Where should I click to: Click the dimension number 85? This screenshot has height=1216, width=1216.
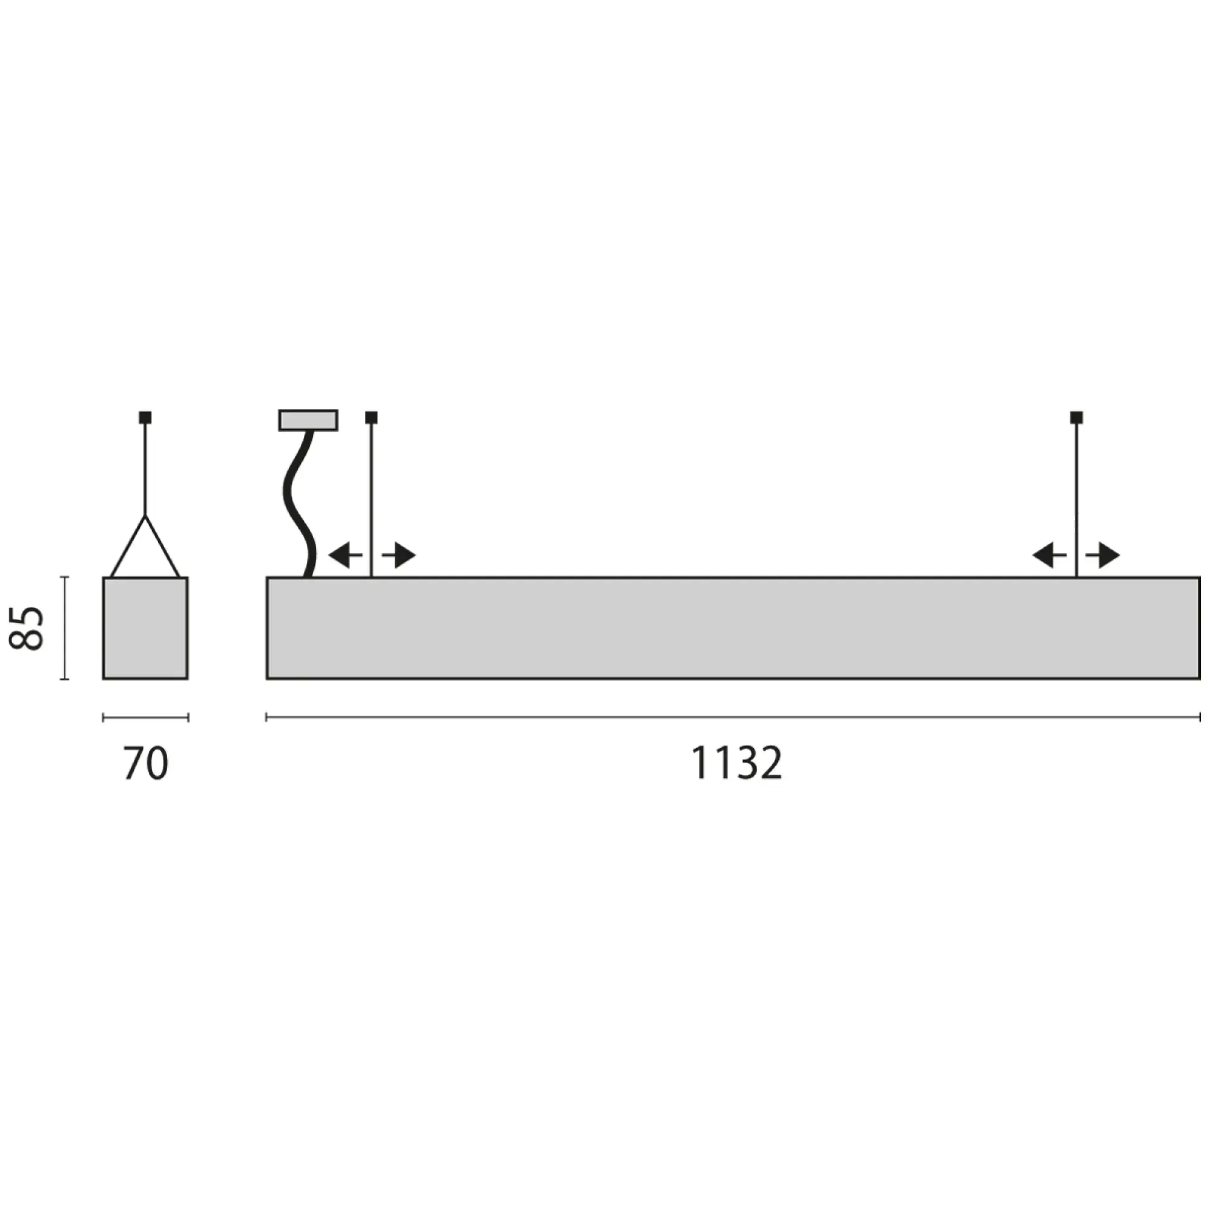[26, 628]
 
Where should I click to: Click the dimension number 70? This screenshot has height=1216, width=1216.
[145, 764]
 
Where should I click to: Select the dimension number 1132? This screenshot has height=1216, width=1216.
[736, 764]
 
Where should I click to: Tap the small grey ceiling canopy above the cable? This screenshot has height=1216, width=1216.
[308, 420]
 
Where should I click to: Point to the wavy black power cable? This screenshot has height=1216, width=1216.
[299, 503]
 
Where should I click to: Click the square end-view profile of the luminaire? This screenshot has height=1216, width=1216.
[145, 628]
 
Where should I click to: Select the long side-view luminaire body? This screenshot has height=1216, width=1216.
[733, 628]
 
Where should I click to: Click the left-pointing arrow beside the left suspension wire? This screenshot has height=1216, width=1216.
[344, 555]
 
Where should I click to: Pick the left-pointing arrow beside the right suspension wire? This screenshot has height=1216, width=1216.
[1049, 555]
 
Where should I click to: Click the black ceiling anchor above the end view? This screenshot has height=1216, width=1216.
[145, 416]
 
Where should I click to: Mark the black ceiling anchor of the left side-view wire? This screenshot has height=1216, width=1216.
[371, 416]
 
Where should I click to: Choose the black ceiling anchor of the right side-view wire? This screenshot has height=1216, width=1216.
[1076, 416]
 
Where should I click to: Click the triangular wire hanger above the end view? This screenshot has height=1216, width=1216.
[145, 554]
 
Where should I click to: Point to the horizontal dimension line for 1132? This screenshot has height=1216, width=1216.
[733, 717]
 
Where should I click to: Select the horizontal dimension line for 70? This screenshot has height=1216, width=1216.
[145, 717]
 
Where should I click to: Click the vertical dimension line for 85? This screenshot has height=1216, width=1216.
[64, 628]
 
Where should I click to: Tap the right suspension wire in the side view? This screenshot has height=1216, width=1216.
[1076, 491]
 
